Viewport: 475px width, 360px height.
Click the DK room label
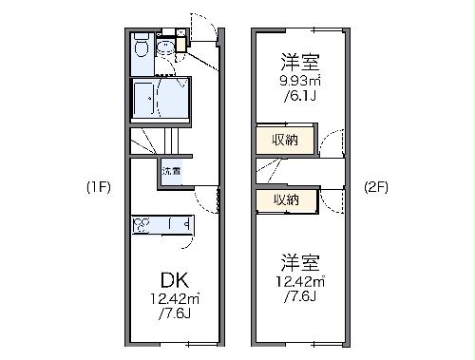[173, 282]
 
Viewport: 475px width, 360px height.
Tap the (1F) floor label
[99, 187]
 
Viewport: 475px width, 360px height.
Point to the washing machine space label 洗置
[172, 172]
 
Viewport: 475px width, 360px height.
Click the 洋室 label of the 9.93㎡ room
[299, 62]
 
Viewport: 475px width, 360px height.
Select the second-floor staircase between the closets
[272, 171]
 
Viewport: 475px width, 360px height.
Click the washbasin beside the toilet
[166, 46]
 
